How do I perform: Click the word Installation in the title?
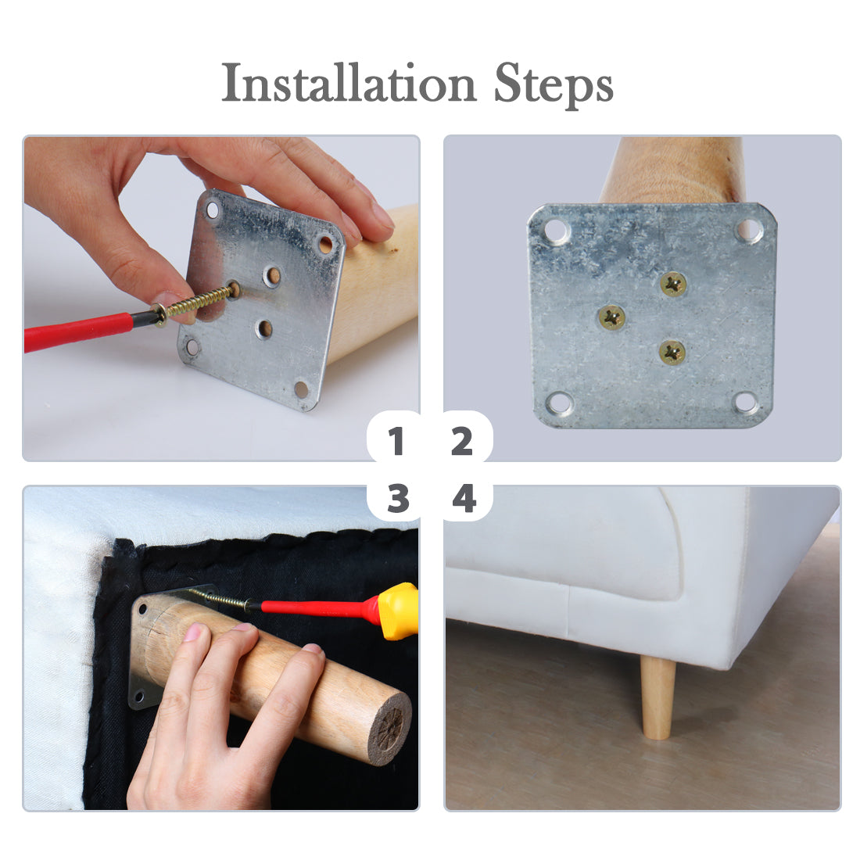click(x=349, y=83)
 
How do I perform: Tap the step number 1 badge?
click(x=395, y=440)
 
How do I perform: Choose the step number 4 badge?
click(x=464, y=498)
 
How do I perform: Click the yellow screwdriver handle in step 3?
click(x=400, y=611)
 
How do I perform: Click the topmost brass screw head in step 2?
click(x=673, y=284)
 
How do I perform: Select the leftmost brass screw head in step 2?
click(x=611, y=317)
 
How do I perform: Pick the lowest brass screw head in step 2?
click(x=672, y=352)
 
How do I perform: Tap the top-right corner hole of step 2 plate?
click(x=748, y=230)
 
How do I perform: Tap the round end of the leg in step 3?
click(x=389, y=727)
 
